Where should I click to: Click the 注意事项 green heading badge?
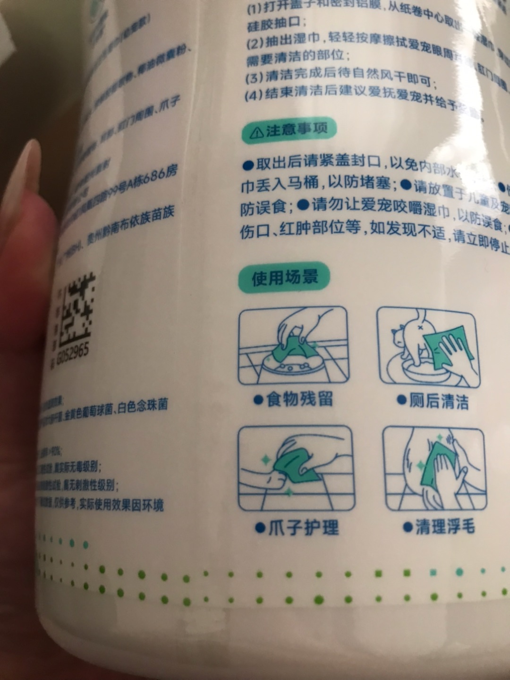point(289,130)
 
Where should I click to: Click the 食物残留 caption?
point(293,399)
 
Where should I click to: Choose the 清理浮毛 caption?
point(439,527)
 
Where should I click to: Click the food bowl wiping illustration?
point(293,346)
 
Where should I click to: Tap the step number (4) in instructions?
point(253,95)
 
